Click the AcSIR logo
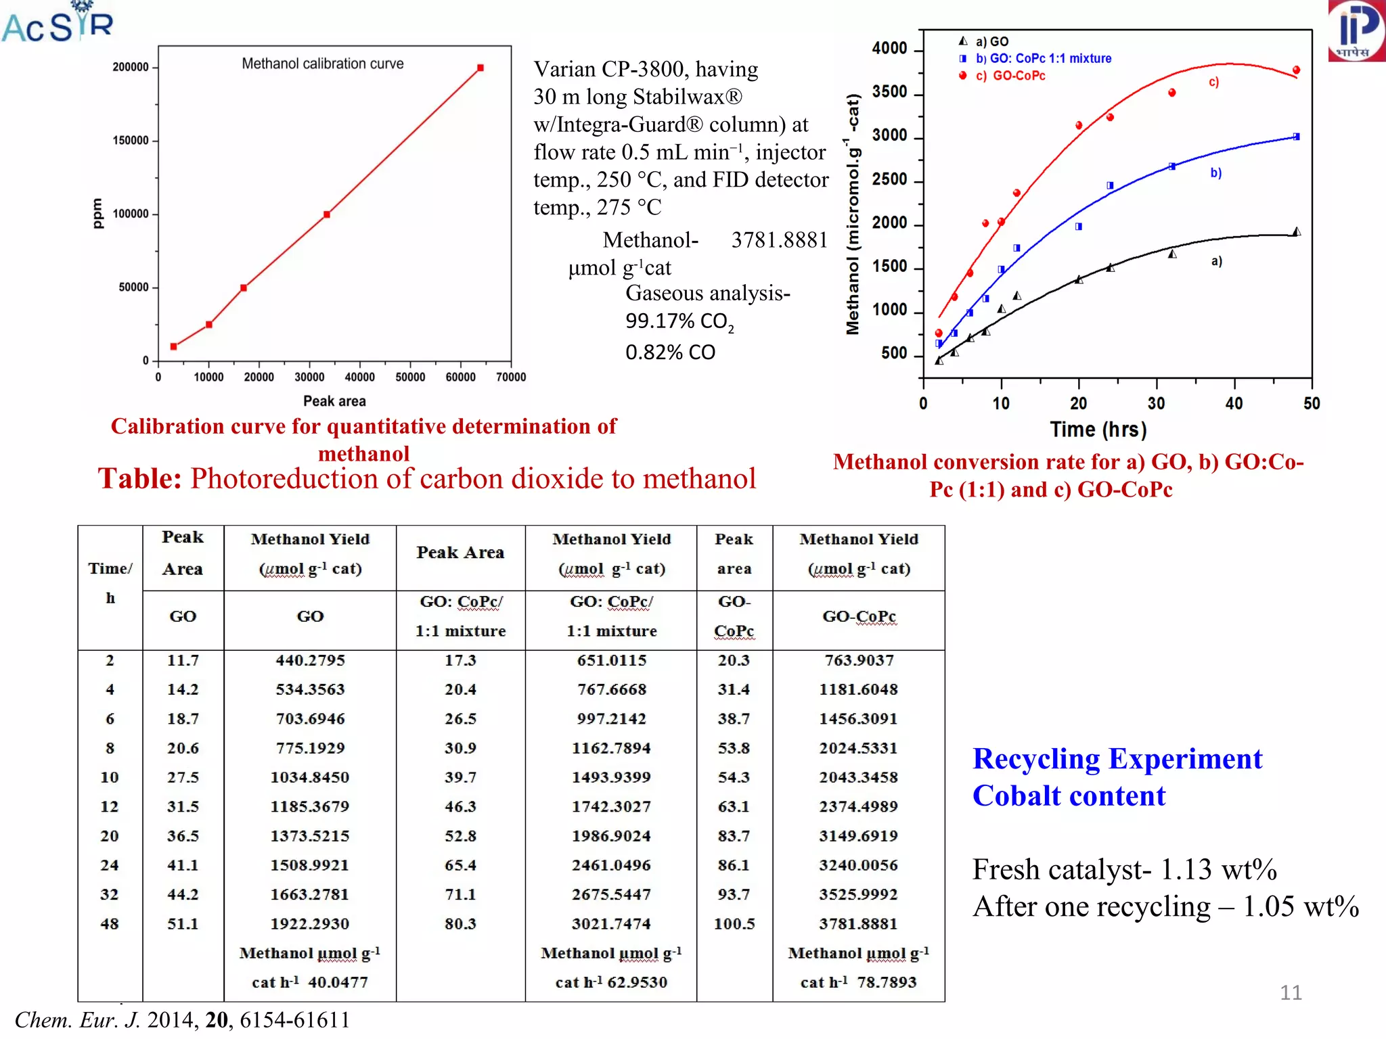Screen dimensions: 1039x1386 [x=58, y=23]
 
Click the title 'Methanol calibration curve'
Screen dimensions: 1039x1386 [x=322, y=64]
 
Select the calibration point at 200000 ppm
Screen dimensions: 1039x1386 [x=480, y=68]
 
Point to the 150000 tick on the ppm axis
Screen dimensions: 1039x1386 [x=131, y=141]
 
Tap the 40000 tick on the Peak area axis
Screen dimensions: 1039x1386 [x=359, y=377]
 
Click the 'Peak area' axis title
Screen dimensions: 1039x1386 [x=334, y=401]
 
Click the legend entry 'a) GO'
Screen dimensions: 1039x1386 [x=991, y=41]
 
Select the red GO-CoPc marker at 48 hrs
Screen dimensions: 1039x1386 [x=1296, y=70]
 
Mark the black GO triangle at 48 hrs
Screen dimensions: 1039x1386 [x=1296, y=232]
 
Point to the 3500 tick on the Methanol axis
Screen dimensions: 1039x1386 [x=889, y=92]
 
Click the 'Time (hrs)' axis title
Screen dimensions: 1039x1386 [x=1098, y=430]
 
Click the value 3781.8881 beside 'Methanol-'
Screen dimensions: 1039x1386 [x=779, y=240]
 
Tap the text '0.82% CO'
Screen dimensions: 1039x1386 [x=669, y=352]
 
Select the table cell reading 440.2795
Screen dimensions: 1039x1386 [x=310, y=660]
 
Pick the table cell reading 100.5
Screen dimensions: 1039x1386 [x=734, y=924]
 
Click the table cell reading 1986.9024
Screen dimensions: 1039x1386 [x=610, y=836]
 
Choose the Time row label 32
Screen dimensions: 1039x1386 [x=110, y=894]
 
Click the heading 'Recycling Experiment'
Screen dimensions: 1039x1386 [x=1117, y=759]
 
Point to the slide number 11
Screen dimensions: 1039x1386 [x=1290, y=992]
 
